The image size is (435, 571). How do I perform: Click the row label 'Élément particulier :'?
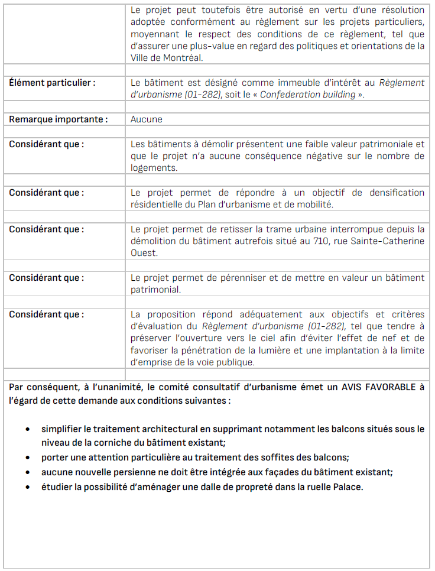pos(52,83)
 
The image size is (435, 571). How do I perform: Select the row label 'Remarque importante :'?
pos(58,119)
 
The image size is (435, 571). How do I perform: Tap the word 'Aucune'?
pos(147,119)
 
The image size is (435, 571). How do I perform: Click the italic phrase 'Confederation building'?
pos(307,95)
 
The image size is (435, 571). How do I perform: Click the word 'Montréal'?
pos(181,58)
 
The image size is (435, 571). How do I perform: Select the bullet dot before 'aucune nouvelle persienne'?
pos(28,472)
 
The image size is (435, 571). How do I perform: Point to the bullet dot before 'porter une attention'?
pos(28,458)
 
